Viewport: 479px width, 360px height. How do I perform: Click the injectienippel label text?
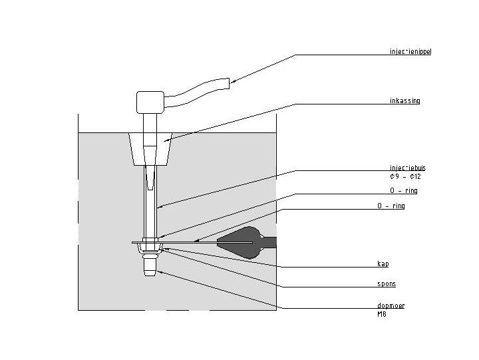point(410,51)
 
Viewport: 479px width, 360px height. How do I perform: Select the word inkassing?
point(404,101)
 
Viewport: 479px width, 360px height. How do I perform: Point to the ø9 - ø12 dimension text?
point(405,177)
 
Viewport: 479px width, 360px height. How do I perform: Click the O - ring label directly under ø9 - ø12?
point(403,191)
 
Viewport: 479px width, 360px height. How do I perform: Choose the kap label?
point(383,264)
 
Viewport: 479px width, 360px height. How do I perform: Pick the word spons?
point(387,284)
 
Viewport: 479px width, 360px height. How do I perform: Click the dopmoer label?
point(391,305)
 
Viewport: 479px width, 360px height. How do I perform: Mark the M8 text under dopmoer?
point(381,313)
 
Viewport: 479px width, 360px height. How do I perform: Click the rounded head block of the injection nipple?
point(150,102)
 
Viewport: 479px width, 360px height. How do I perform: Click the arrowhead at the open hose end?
point(233,83)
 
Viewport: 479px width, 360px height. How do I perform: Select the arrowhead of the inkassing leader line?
point(164,140)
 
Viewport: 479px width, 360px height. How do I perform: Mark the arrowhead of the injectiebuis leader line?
point(158,206)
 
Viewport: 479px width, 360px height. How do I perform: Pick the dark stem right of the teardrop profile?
point(269,241)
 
